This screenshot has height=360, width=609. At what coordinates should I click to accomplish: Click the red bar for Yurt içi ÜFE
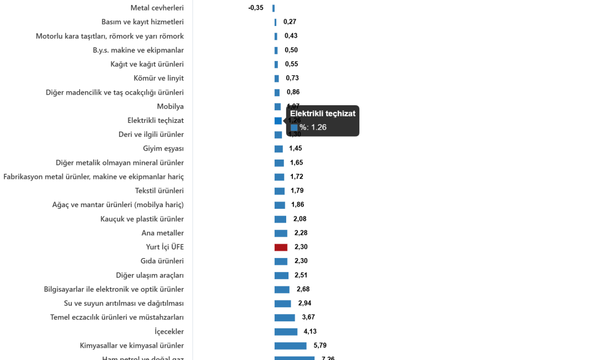[281, 248]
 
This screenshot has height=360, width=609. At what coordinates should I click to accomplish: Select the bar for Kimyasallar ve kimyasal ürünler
[290, 346]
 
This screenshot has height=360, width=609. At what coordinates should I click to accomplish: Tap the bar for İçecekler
[286, 332]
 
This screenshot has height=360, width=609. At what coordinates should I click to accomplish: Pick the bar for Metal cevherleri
[273, 8]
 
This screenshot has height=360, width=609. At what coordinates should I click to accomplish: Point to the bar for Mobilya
[277, 107]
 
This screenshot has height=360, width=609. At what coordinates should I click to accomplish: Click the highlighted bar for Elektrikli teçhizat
[278, 121]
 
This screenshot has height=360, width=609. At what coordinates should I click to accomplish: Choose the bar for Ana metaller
[281, 233]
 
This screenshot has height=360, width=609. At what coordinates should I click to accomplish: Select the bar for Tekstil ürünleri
[280, 191]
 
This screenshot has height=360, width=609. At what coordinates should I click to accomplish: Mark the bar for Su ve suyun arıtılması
[282, 304]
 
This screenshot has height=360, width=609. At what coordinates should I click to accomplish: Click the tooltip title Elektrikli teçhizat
[323, 114]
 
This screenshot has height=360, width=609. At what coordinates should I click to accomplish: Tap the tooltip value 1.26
[318, 127]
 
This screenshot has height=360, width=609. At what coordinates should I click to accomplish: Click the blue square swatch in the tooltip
[294, 127]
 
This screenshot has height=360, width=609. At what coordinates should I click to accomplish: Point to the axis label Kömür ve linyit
[159, 78]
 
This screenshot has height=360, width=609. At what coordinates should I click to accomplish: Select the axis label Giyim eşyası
[163, 149]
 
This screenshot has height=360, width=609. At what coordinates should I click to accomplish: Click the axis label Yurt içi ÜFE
[164, 247]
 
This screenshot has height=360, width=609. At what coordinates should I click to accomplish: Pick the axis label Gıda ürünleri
[162, 261]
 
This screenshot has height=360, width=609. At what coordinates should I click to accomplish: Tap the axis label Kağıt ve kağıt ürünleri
[147, 64]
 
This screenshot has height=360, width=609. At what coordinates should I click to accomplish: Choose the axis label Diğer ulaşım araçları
[150, 275]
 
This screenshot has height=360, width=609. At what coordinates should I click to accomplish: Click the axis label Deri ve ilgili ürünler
[151, 135]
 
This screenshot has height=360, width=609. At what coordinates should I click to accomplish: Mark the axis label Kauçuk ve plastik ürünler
[142, 219]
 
